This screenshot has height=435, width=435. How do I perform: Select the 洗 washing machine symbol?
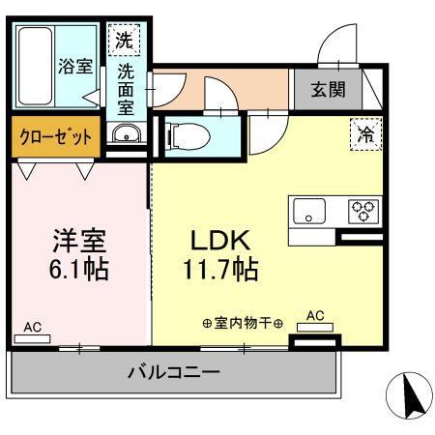pyautogui.click(x=124, y=41)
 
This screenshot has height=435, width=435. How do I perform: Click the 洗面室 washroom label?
pyautogui.click(x=126, y=90)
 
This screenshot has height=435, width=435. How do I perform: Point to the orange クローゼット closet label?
pyautogui.click(x=56, y=137)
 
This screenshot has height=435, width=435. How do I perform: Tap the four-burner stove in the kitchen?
pyautogui.click(x=364, y=210)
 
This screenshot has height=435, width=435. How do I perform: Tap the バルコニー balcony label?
pyautogui.click(x=174, y=372)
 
